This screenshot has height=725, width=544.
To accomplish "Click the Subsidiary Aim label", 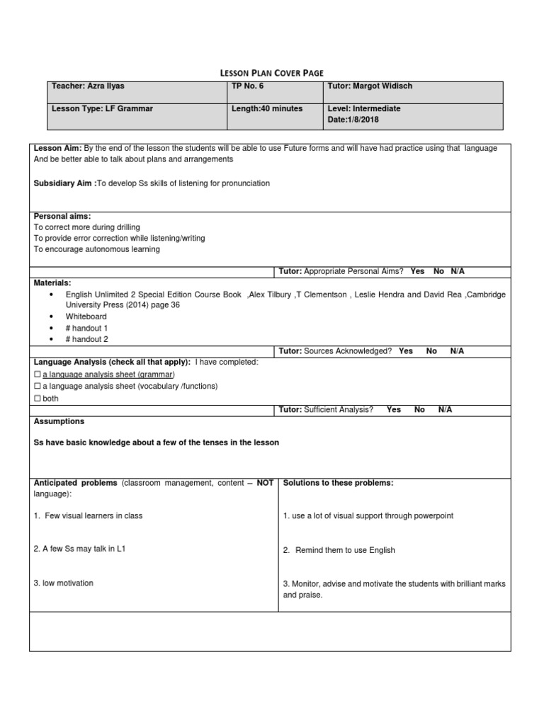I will (x=64, y=183).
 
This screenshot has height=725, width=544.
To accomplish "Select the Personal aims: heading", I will (x=62, y=216).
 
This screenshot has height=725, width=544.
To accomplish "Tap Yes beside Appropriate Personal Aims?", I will (x=417, y=271).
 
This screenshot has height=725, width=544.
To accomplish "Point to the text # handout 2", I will (x=87, y=340).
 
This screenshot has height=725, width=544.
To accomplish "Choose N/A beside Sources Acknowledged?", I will (x=457, y=351).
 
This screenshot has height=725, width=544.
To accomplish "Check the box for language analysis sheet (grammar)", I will (x=38, y=374).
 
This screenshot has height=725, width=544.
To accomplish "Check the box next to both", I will (x=38, y=398).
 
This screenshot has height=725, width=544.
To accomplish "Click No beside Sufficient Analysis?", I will (x=419, y=409).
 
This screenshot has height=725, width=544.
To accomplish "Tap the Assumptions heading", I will (x=59, y=421).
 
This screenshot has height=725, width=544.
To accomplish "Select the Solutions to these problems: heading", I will (x=338, y=483).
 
